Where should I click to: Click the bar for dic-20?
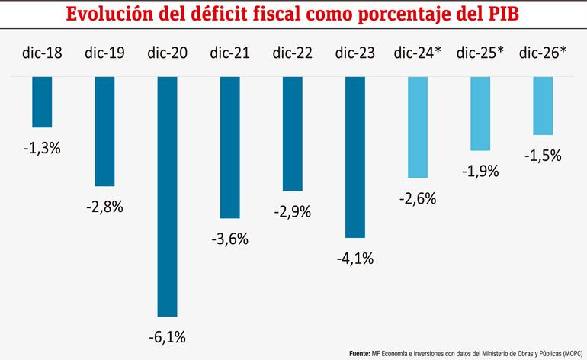point(167,196)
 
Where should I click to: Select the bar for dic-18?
point(42,101)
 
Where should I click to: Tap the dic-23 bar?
point(355,157)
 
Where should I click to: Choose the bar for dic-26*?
point(543,105)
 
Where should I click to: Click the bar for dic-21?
point(229,147)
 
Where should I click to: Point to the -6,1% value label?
point(167,336)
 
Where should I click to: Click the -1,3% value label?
point(42,148)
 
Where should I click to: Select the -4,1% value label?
point(355,259)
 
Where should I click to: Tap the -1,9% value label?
point(480,172)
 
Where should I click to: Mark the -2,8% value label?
point(104,207)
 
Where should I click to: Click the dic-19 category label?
point(104,53)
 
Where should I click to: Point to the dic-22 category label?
point(292,53)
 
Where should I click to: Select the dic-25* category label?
point(480,53)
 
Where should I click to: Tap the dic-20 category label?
point(167,53)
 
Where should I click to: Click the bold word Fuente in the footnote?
point(359,354)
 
